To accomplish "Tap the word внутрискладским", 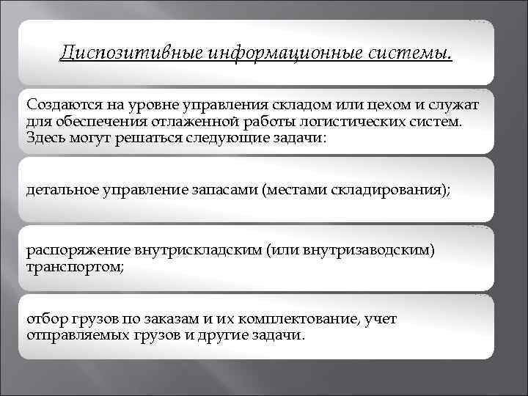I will pos(191,252).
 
